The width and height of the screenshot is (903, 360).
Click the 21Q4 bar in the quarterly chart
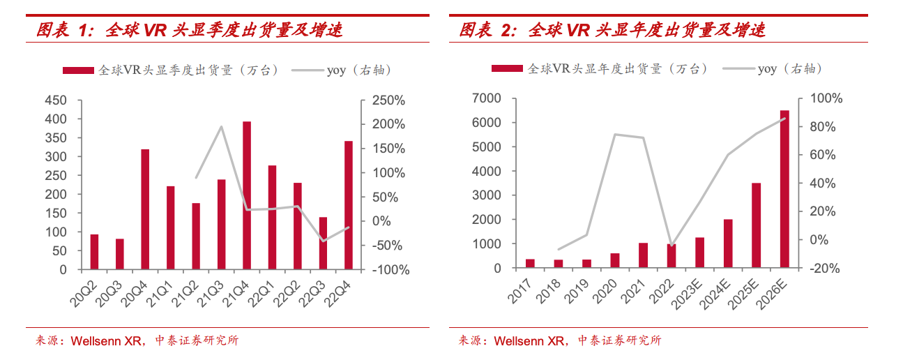(247, 195)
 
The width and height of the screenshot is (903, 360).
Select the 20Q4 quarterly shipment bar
(145, 209)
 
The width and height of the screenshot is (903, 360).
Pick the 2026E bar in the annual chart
(784, 189)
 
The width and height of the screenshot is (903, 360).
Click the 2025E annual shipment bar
(756, 225)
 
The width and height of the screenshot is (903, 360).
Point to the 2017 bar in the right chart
(530, 264)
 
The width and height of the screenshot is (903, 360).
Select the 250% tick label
(388, 100)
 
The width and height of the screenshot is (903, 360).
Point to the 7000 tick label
(487, 98)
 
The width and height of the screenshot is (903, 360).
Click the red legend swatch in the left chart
(78, 70)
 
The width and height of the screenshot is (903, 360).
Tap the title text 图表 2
(486, 31)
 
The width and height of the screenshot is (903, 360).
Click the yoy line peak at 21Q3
(221, 126)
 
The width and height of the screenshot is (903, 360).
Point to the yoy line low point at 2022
(671, 246)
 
